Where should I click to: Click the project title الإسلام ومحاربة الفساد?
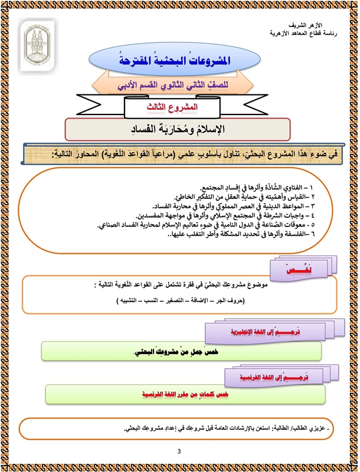[x=177, y=128]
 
